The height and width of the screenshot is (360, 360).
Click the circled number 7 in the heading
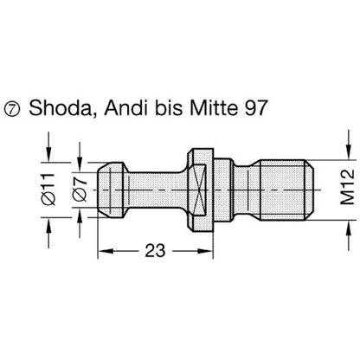click(11, 109)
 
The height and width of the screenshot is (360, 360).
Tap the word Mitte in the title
click(212, 107)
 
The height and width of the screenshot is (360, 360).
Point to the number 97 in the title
click(253, 107)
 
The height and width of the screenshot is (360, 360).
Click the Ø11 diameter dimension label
click(48, 190)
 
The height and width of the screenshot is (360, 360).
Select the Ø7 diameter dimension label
click(80, 189)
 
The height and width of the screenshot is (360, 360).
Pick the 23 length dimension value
click(155, 250)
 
